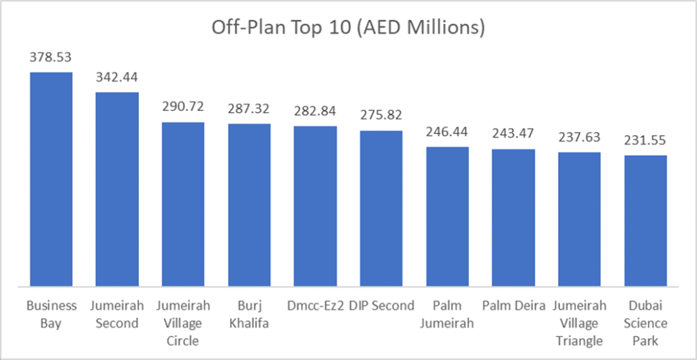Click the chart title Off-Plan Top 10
[x=348, y=28]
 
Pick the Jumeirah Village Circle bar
[x=183, y=204]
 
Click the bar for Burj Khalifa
[x=249, y=205]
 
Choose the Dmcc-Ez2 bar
[x=315, y=206]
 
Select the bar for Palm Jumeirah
[x=448, y=216]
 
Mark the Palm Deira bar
[x=514, y=218]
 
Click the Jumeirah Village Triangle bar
[x=580, y=219]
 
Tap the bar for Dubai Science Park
[x=646, y=221]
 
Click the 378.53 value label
[x=50, y=59]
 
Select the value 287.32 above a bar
[x=249, y=110]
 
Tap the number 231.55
[x=646, y=142]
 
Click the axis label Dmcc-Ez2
[x=315, y=306]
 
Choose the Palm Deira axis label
[x=514, y=306]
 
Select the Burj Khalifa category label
[x=249, y=314]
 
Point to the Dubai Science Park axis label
[x=646, y=323]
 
